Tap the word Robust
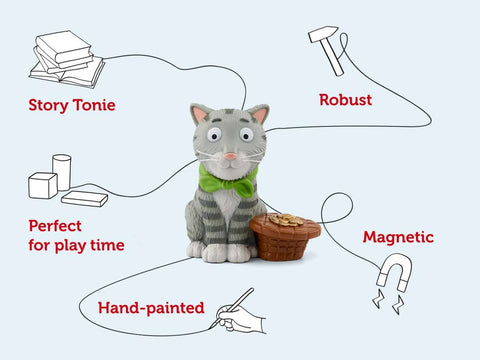click(x=346, y=99)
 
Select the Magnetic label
click(x=398, y=237)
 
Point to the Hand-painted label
click(x=151, y=308)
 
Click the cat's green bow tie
click(x=227, y=180)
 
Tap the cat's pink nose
click(x=230, y=156)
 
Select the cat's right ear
click(x=260, y=115)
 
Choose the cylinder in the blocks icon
click(x=62, y=171)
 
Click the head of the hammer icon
click(x=321, y=37)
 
